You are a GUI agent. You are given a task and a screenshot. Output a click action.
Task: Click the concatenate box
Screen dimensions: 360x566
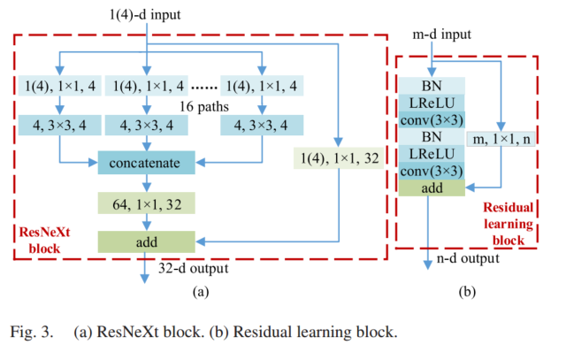click(x=146, y=163)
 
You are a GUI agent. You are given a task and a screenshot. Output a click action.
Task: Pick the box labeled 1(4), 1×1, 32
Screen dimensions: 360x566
click(x=338, y=159)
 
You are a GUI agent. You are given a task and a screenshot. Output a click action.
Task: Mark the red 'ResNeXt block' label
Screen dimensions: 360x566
click(x=44, y=241)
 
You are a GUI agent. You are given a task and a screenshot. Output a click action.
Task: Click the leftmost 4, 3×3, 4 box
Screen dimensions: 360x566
click(x=59, y=125)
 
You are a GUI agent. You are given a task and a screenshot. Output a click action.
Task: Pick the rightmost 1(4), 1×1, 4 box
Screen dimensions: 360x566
click(x=262, y=86)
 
